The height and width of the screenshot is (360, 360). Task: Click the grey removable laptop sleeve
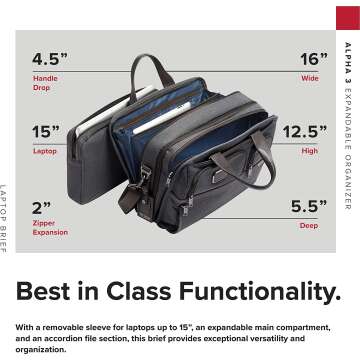pos(105,150)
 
